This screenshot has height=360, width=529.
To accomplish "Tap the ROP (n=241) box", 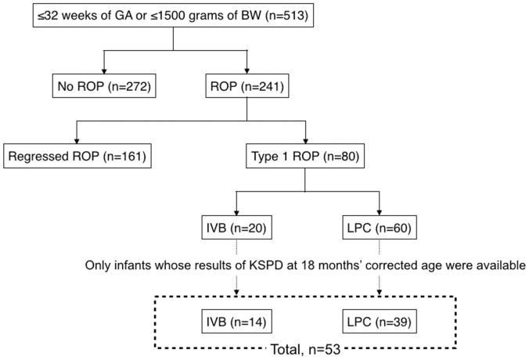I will click(x=247, y=88).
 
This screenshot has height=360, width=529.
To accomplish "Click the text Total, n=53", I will click(x=302, y=349).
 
